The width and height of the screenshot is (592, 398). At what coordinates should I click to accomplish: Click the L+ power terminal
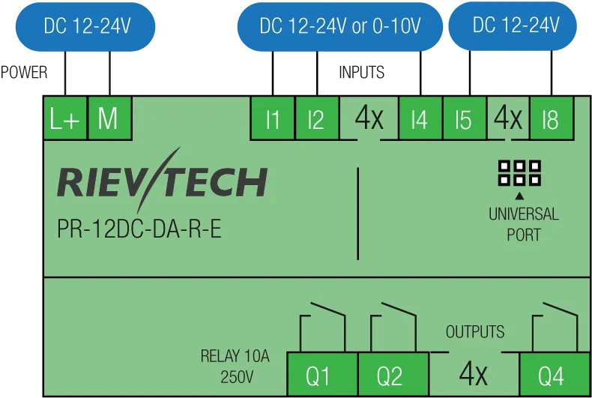(x=65, y=118)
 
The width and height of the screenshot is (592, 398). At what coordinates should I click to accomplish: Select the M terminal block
(x=109, y=118)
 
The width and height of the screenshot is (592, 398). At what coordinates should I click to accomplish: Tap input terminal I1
(x=273, y=118)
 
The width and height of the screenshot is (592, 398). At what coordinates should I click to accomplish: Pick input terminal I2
(x=317, y=118)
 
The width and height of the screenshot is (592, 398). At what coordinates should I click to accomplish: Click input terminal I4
(x=420, y=118)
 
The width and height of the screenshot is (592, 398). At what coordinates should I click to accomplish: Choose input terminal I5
(x=465, y=118)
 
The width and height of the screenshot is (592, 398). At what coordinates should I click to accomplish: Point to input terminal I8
(x=552, y=118)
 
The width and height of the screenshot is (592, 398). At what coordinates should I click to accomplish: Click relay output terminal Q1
(x=322, y=374)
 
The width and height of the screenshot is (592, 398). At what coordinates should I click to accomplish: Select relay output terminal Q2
(x=393, y=374)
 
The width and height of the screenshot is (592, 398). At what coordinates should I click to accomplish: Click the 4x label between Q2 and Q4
(x=474, y=373)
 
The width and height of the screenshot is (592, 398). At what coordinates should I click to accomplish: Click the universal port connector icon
(x=519, y=173)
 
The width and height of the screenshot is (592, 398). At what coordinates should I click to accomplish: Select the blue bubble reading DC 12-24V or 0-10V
(x=339, y=26)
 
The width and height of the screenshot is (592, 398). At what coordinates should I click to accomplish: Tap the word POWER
(x=24, y=72)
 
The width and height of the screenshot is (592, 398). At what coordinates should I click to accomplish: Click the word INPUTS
(x=362, y=72)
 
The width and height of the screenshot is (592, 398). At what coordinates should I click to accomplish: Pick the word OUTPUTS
(x=475, y=332)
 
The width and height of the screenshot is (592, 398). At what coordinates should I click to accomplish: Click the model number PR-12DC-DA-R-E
(x=139, y=229)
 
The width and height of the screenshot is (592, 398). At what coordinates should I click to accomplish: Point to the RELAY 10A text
(x=235, y=356)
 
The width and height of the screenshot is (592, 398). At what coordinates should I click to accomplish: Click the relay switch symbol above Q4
(x=555, y=327)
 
